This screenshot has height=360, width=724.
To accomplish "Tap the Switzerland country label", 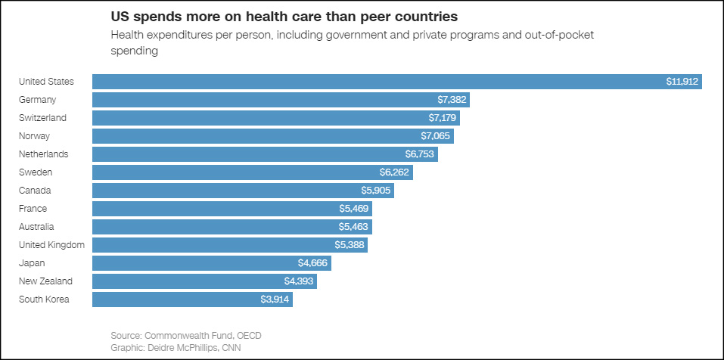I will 42,118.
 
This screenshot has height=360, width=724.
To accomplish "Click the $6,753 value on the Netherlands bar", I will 421,154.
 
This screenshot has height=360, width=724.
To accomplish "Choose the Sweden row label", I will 35,172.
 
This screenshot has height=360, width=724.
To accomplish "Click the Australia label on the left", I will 36,227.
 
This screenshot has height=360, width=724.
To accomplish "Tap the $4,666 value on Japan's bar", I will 314,263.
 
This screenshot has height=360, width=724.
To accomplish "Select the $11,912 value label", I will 682,82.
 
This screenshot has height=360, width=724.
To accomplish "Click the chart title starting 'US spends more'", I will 284,16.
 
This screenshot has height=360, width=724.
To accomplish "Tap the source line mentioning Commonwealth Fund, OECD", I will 186,335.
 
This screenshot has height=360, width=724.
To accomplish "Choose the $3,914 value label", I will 275,299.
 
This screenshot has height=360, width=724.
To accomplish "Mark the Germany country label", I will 38,100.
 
